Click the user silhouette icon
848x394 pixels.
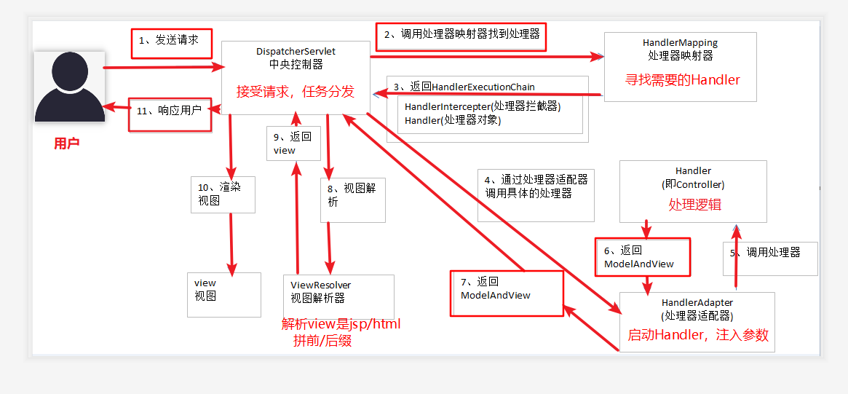69,86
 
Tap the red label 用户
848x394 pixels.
66,143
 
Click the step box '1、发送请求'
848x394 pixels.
171,42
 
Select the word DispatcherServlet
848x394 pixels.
296,52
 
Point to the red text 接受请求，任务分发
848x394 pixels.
295,92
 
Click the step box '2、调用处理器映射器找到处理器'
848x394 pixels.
461,35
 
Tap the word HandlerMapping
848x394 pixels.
680,44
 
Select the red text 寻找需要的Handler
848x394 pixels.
683,80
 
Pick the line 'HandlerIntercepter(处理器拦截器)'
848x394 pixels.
483,106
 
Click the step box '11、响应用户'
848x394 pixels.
170,112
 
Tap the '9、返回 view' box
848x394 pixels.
292,143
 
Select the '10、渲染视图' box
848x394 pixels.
222,194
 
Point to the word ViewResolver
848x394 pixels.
320,285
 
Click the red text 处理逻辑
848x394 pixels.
695,205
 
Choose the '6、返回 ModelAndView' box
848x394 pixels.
642,257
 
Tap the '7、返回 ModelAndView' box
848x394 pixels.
507,289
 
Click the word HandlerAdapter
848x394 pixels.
697,302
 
